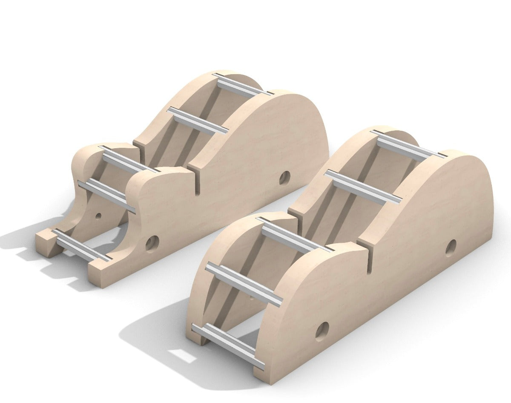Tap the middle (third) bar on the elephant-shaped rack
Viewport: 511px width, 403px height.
point(128,159)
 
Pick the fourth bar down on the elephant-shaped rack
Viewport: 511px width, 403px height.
point(106,196)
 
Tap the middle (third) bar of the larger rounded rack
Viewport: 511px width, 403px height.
point(294,234)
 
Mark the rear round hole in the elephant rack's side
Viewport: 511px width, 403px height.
point(284,178)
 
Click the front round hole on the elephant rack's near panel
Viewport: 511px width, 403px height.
point(152,243)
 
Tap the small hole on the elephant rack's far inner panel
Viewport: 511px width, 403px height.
point(98,216)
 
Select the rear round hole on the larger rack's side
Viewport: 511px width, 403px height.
point(451,248)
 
